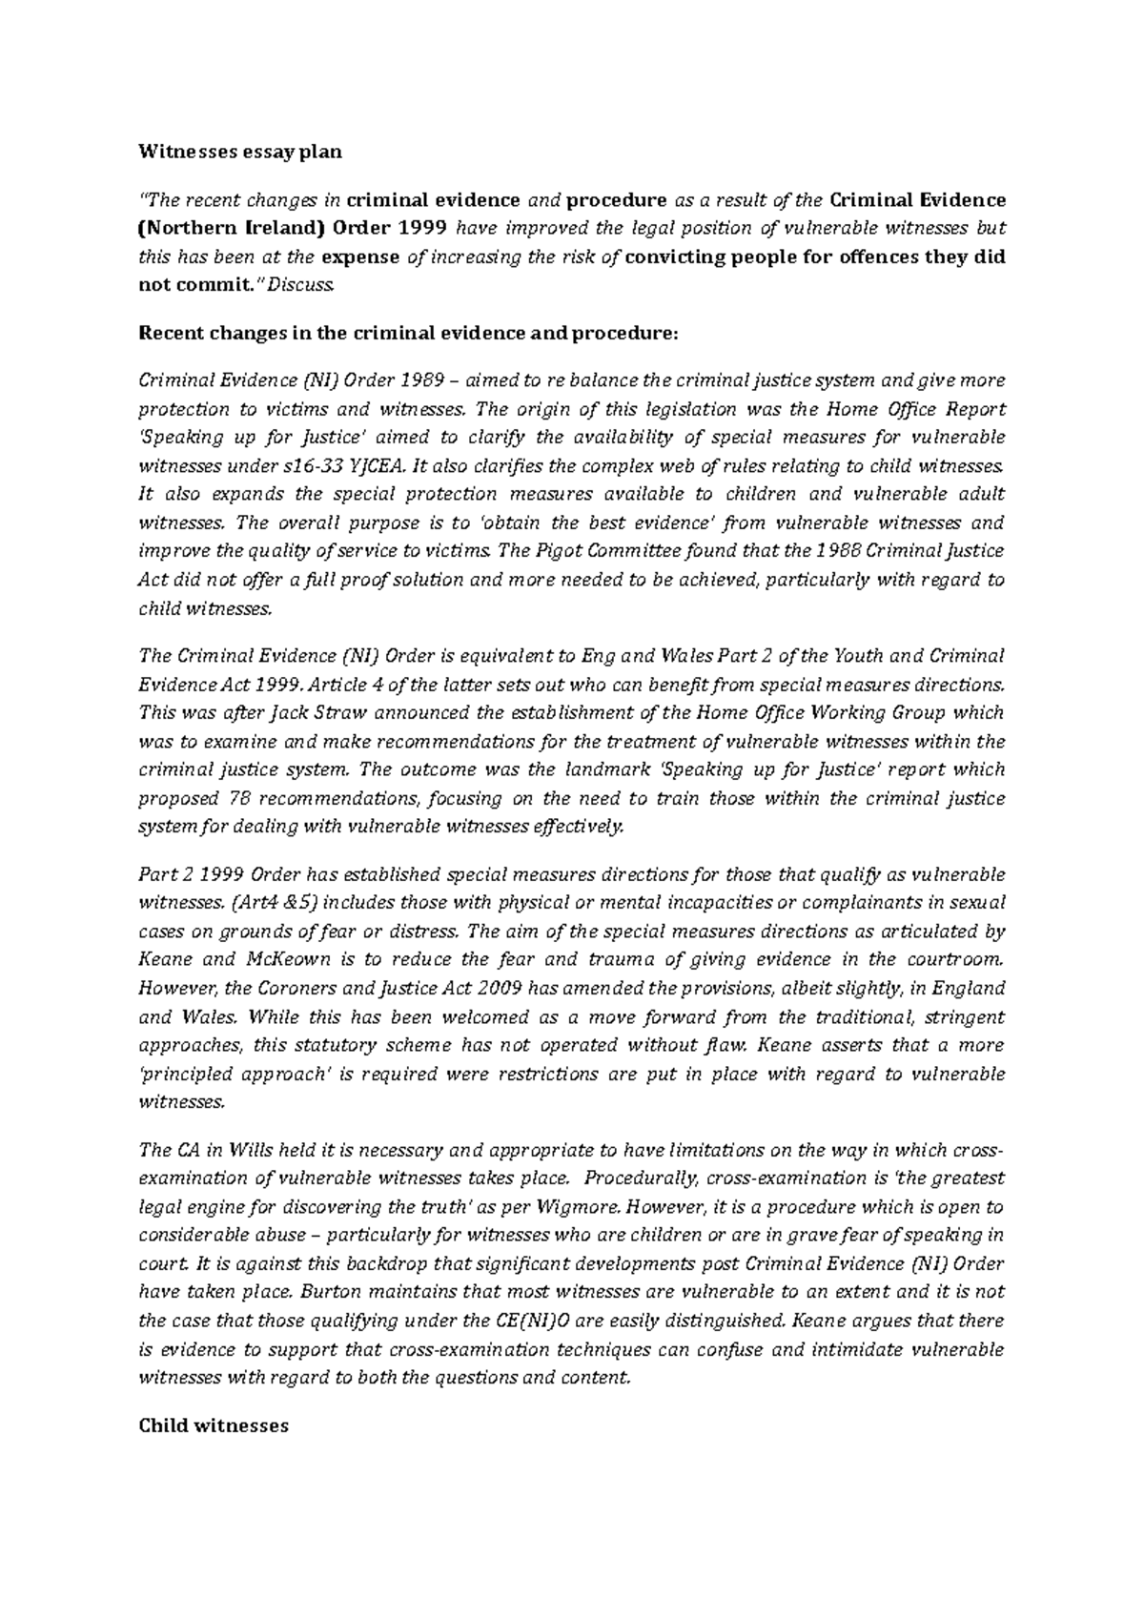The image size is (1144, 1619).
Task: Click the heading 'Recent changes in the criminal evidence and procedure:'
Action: pos(410,333)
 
